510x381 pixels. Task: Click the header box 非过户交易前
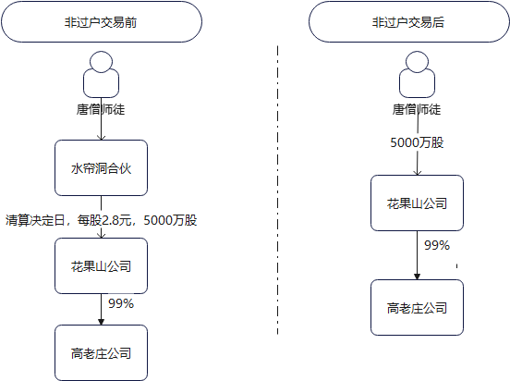(102, 22)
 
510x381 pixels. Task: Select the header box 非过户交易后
(409, 22)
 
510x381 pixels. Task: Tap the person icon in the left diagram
(101, 74)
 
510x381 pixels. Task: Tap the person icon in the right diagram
(417, 74)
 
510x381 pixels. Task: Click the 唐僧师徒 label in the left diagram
(101, 109)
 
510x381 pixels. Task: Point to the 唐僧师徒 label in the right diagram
(417, 109)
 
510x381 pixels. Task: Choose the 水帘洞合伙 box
(101, 168)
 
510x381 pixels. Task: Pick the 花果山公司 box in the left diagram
(101, 266)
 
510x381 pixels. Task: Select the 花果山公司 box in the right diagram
(417, 203)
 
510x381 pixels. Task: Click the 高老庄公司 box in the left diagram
(101, 352)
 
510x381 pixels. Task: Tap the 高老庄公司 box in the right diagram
(417, 307)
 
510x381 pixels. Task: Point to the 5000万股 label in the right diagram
(417, 142)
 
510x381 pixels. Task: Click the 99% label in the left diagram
(121, 303)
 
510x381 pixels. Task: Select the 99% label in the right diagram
(437, 245)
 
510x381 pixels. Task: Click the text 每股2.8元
(104, 220)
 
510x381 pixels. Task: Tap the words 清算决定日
(35, 220)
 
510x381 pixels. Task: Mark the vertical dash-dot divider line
(277, 190)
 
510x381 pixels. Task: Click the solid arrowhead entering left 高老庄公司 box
(101, 322)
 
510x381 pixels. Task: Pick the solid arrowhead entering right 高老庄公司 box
(417, 277)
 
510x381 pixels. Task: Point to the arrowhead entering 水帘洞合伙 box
(101, 137)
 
